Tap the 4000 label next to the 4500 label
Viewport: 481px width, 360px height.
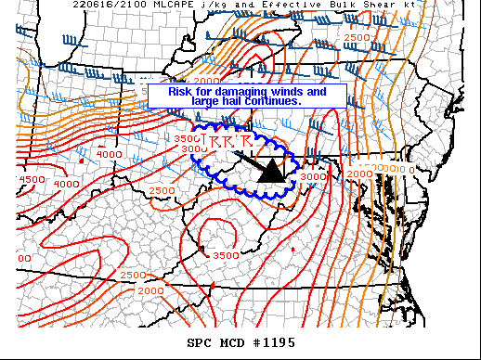[x=66, y=184]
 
